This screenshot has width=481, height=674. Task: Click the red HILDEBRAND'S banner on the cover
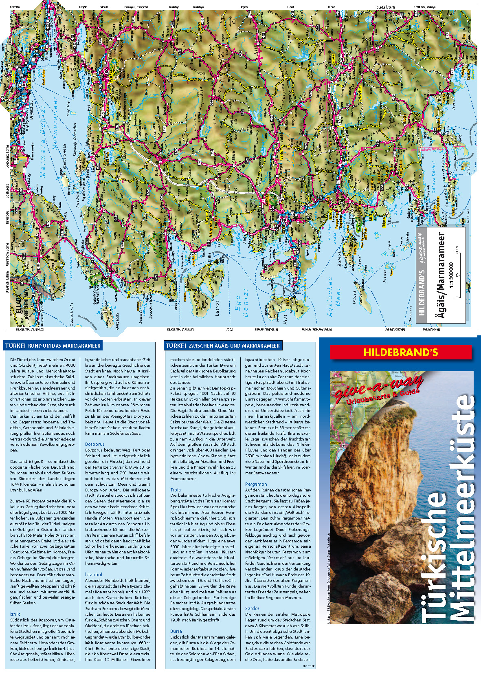click(401, 352)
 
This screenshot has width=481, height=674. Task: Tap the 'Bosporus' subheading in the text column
click(94, 444)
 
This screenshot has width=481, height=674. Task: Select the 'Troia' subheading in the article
click(176, 490)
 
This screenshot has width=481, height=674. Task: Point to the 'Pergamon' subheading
click(256, 484)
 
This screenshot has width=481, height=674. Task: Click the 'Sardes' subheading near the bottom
click(252, 608)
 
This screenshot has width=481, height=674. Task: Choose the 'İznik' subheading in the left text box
click(15, 614)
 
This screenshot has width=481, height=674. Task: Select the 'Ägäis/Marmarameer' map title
click(441, 275)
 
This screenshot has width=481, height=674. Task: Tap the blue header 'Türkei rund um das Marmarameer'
click(53, 346)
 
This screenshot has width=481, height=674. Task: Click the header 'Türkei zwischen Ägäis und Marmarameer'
click(223, 346)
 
